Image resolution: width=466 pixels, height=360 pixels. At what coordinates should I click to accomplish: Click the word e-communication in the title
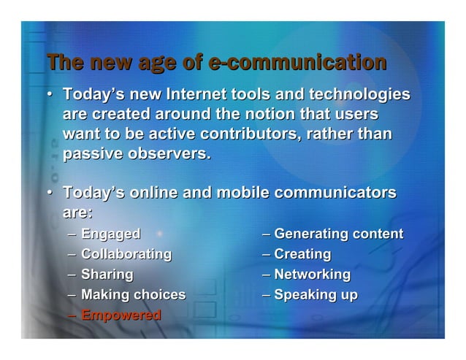[297, 63]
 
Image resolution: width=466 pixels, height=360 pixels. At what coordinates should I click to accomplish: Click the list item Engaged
[110, 234]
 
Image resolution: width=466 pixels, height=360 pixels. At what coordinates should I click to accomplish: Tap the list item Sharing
[107, 275]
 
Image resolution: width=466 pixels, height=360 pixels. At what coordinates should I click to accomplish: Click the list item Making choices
[133, 296]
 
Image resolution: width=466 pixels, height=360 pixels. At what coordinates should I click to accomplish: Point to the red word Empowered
[121, 316]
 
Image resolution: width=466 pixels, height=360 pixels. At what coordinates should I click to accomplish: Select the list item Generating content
[338, 234]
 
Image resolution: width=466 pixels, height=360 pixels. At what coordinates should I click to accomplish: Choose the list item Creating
[302, 255]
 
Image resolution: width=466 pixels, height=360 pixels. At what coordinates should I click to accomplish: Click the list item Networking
[312, 275]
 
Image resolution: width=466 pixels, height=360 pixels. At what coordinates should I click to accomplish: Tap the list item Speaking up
[316, 296]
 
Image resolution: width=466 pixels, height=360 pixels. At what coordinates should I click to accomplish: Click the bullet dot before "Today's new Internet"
[50, 96]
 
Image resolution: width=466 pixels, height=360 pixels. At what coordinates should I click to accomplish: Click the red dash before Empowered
[70, 316]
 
